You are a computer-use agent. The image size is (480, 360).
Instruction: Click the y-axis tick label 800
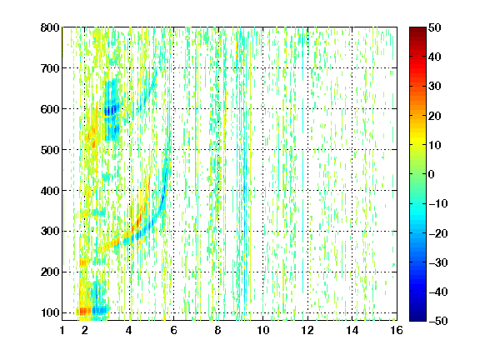pos(50,27)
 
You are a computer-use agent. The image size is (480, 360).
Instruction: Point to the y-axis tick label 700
pos(50,68)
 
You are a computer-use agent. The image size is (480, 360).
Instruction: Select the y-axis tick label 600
pos(50,109)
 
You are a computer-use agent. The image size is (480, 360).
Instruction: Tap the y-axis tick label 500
pos(50,150)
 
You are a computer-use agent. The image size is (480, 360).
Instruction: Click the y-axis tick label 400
pos(50,191)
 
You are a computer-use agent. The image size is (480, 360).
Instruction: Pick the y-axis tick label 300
pos(50,231)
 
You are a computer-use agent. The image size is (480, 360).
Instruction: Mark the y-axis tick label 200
pos(50,272)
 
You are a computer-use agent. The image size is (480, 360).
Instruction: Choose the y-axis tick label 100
pos(50,312)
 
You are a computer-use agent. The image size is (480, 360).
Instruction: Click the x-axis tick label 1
pos(62,330)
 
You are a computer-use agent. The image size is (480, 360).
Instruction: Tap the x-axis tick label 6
pos(174,330)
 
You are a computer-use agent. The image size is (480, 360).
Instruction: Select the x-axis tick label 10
pos(263,330)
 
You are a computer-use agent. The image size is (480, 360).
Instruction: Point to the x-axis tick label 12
pos(307,330)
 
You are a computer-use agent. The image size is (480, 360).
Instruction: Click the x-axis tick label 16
pos(397,330)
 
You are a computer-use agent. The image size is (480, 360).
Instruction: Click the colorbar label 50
pos(435,27)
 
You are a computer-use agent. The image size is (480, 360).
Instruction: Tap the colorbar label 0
pos(432,174)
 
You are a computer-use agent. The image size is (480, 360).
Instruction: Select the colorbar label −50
pos(438,321)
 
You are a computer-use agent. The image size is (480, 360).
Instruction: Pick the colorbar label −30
pos(438,262)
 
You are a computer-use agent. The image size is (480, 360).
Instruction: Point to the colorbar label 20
pos(435,116)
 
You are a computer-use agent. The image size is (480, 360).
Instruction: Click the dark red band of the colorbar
pos(417,33)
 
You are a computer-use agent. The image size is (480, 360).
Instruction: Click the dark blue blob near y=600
pos(111,110)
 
